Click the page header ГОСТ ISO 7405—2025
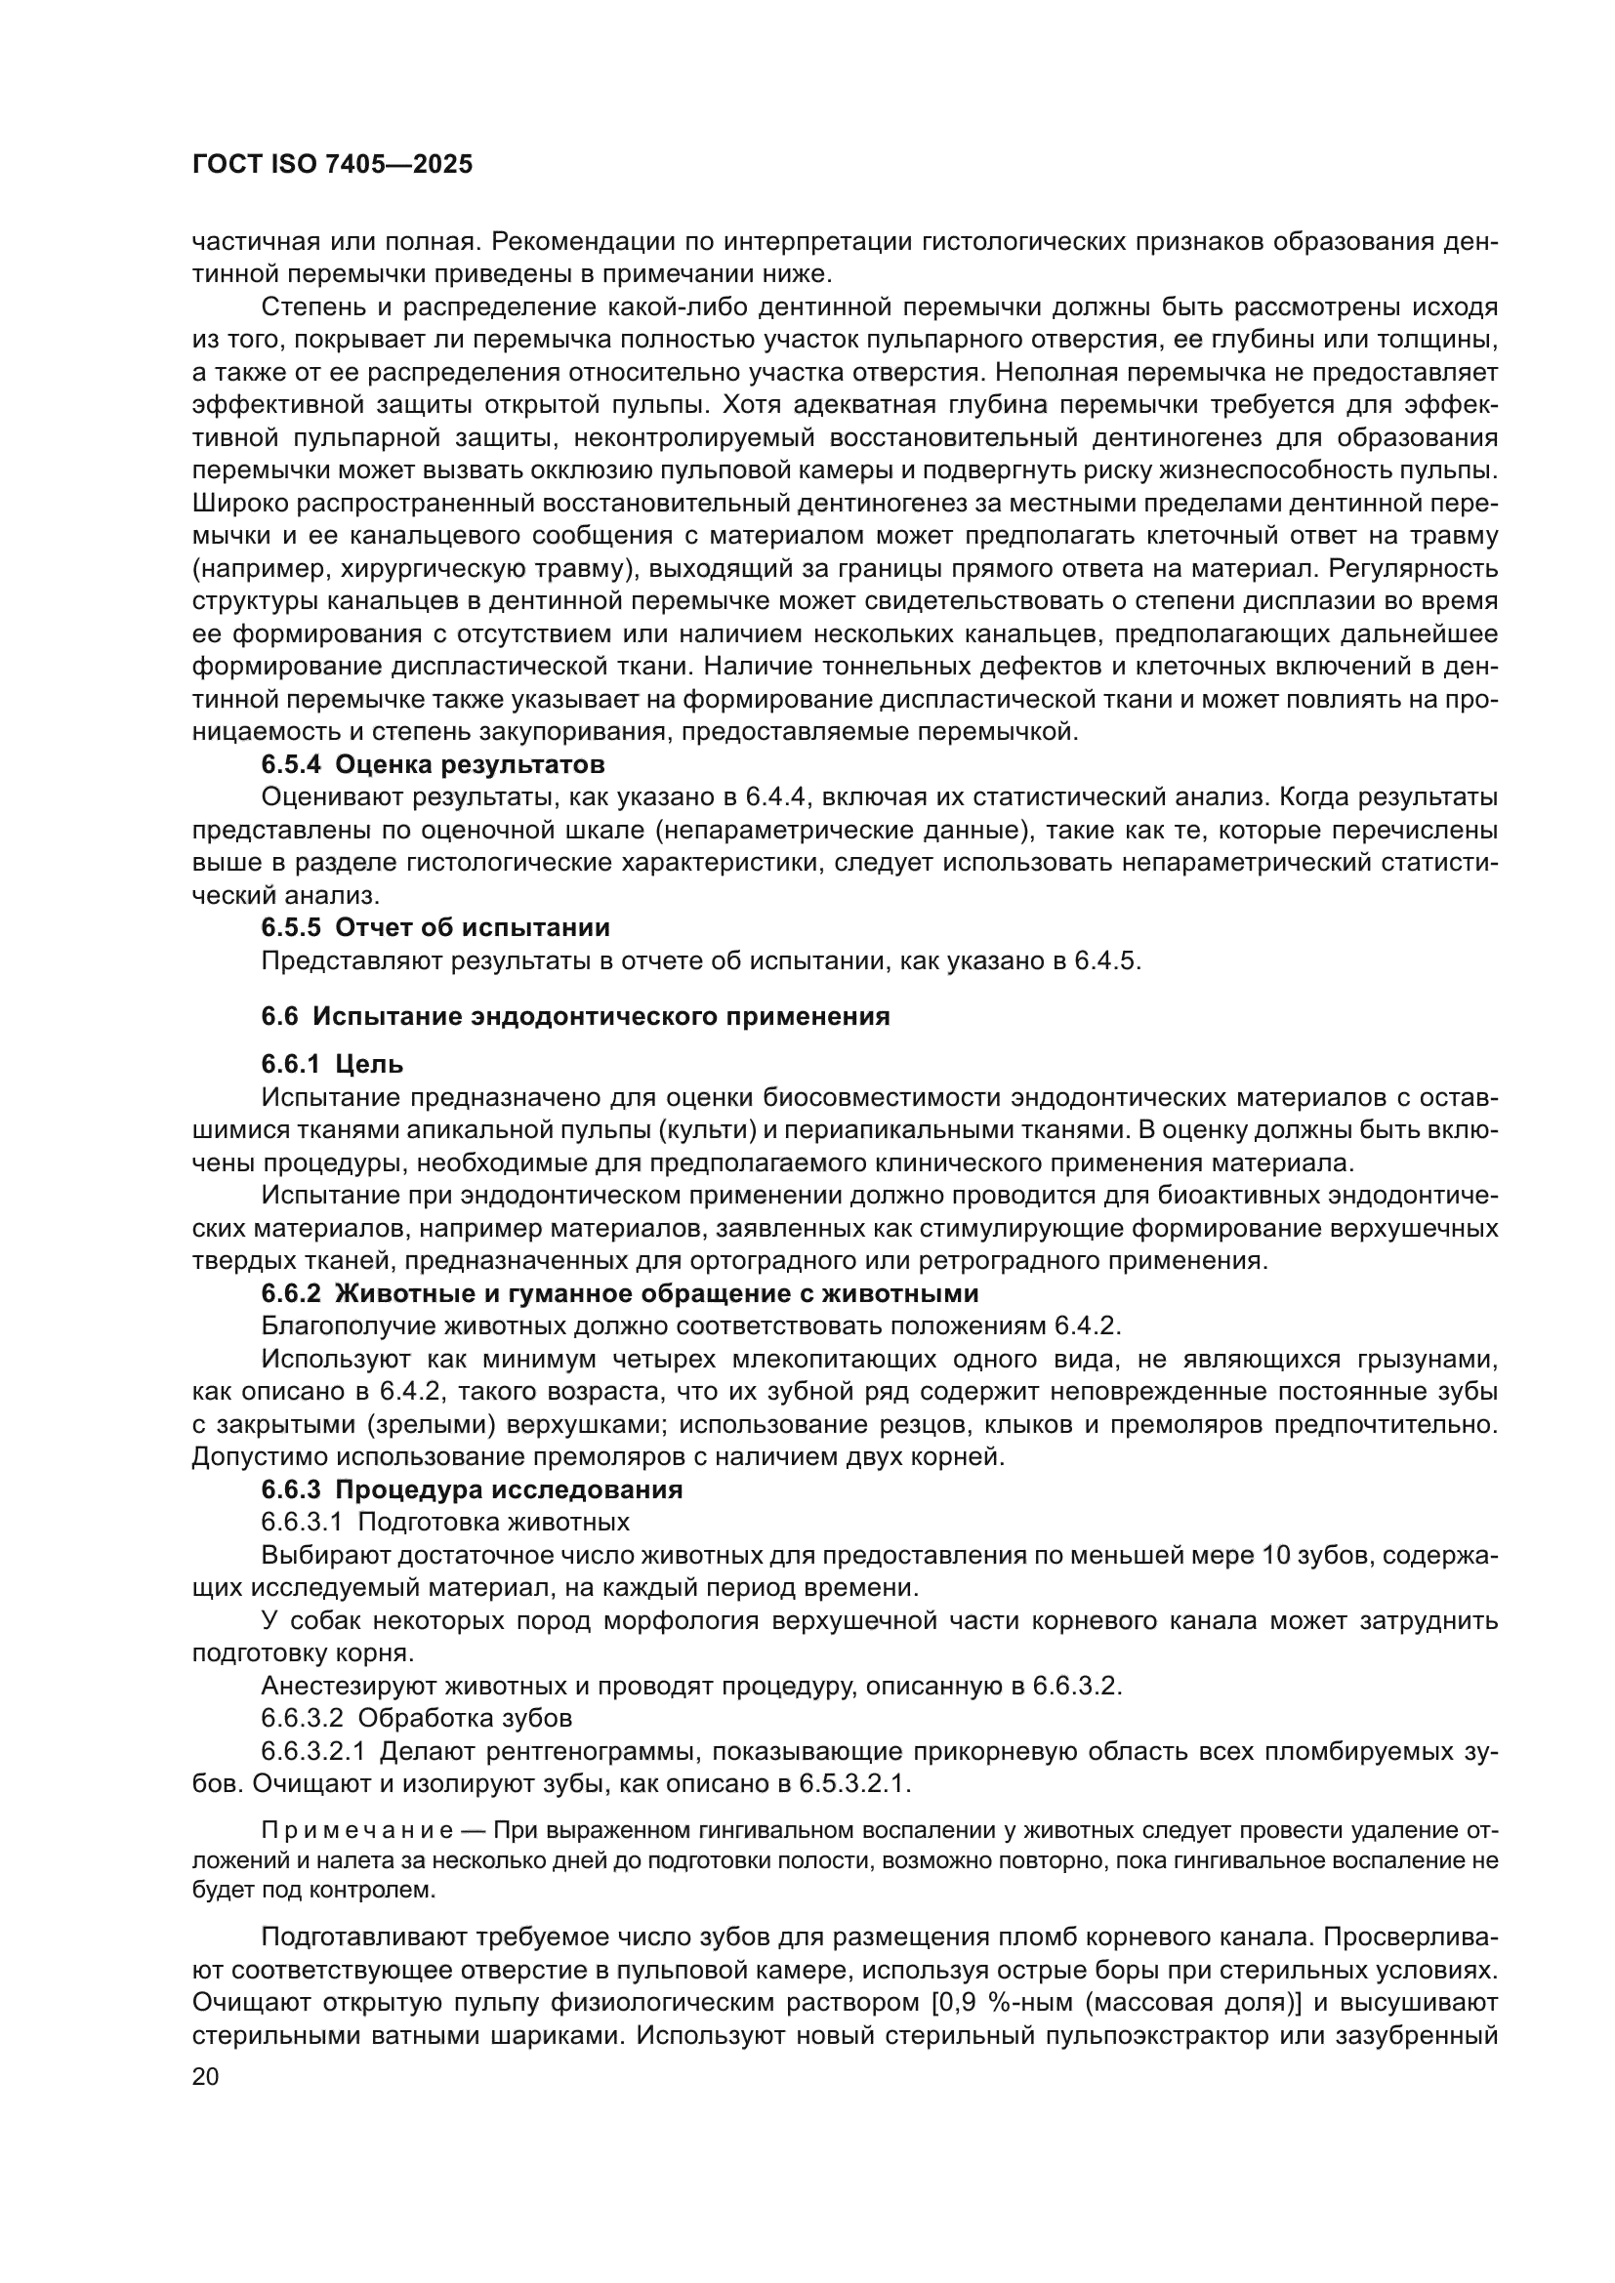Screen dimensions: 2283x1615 (332, 165)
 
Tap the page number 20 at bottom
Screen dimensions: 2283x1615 (205, 2077)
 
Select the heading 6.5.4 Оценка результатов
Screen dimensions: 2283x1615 (433, 764)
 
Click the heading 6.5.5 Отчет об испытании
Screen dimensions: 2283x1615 (435, 927)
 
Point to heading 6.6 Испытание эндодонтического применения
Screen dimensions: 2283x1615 (575, 1016)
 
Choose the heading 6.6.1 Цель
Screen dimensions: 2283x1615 (332, 1064)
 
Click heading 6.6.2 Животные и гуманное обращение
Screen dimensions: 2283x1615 (620, 1293)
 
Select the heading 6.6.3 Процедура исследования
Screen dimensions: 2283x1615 (472, 1489)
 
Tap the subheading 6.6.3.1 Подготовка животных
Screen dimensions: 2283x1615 (444, 1523)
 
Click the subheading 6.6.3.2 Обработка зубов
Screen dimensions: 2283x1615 (416, 1718)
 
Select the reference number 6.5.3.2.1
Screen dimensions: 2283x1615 (853, 1784)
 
